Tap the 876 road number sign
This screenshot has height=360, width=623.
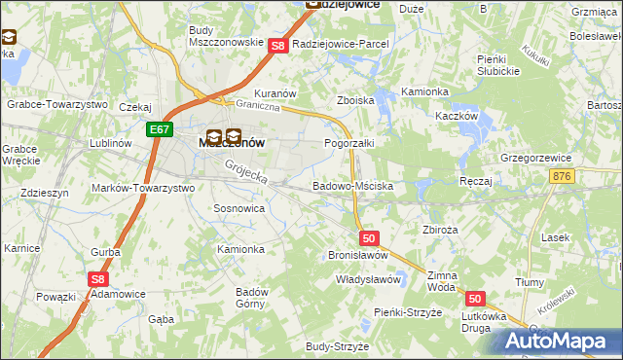(x=562, y=176)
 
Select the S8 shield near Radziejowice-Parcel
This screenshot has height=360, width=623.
(x=277, y=46)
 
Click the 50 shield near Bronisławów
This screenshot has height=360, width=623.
(x=368, y=238)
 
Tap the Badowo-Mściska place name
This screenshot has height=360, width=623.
(x=352, y=185)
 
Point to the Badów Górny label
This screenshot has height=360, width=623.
(x=252, y=297)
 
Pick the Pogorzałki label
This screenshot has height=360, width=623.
(x=348, y=142)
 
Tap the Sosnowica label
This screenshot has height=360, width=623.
(x=238, y=208)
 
